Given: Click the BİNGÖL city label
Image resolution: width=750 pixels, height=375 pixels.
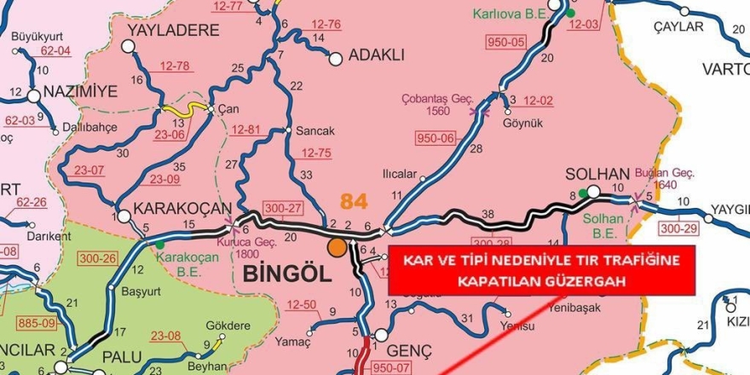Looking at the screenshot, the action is tap(286, 274).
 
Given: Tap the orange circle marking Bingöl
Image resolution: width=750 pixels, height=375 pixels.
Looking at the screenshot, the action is tap(337, 247).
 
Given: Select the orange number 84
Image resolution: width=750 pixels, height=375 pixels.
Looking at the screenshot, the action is tap(353, 202).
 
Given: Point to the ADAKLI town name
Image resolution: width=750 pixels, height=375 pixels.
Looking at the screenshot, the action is tap(375, 57).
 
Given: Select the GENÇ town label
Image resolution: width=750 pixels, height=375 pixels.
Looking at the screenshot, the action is tap(409, 351).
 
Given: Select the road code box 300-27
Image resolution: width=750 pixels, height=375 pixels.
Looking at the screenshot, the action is tap(283, 208).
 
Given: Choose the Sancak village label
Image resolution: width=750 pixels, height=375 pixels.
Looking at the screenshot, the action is tap(315, 131).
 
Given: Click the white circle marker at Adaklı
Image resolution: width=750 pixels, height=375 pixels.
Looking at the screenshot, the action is tap(335, 58).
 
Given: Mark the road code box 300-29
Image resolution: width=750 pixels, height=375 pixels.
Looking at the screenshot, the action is tap(678, 229).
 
